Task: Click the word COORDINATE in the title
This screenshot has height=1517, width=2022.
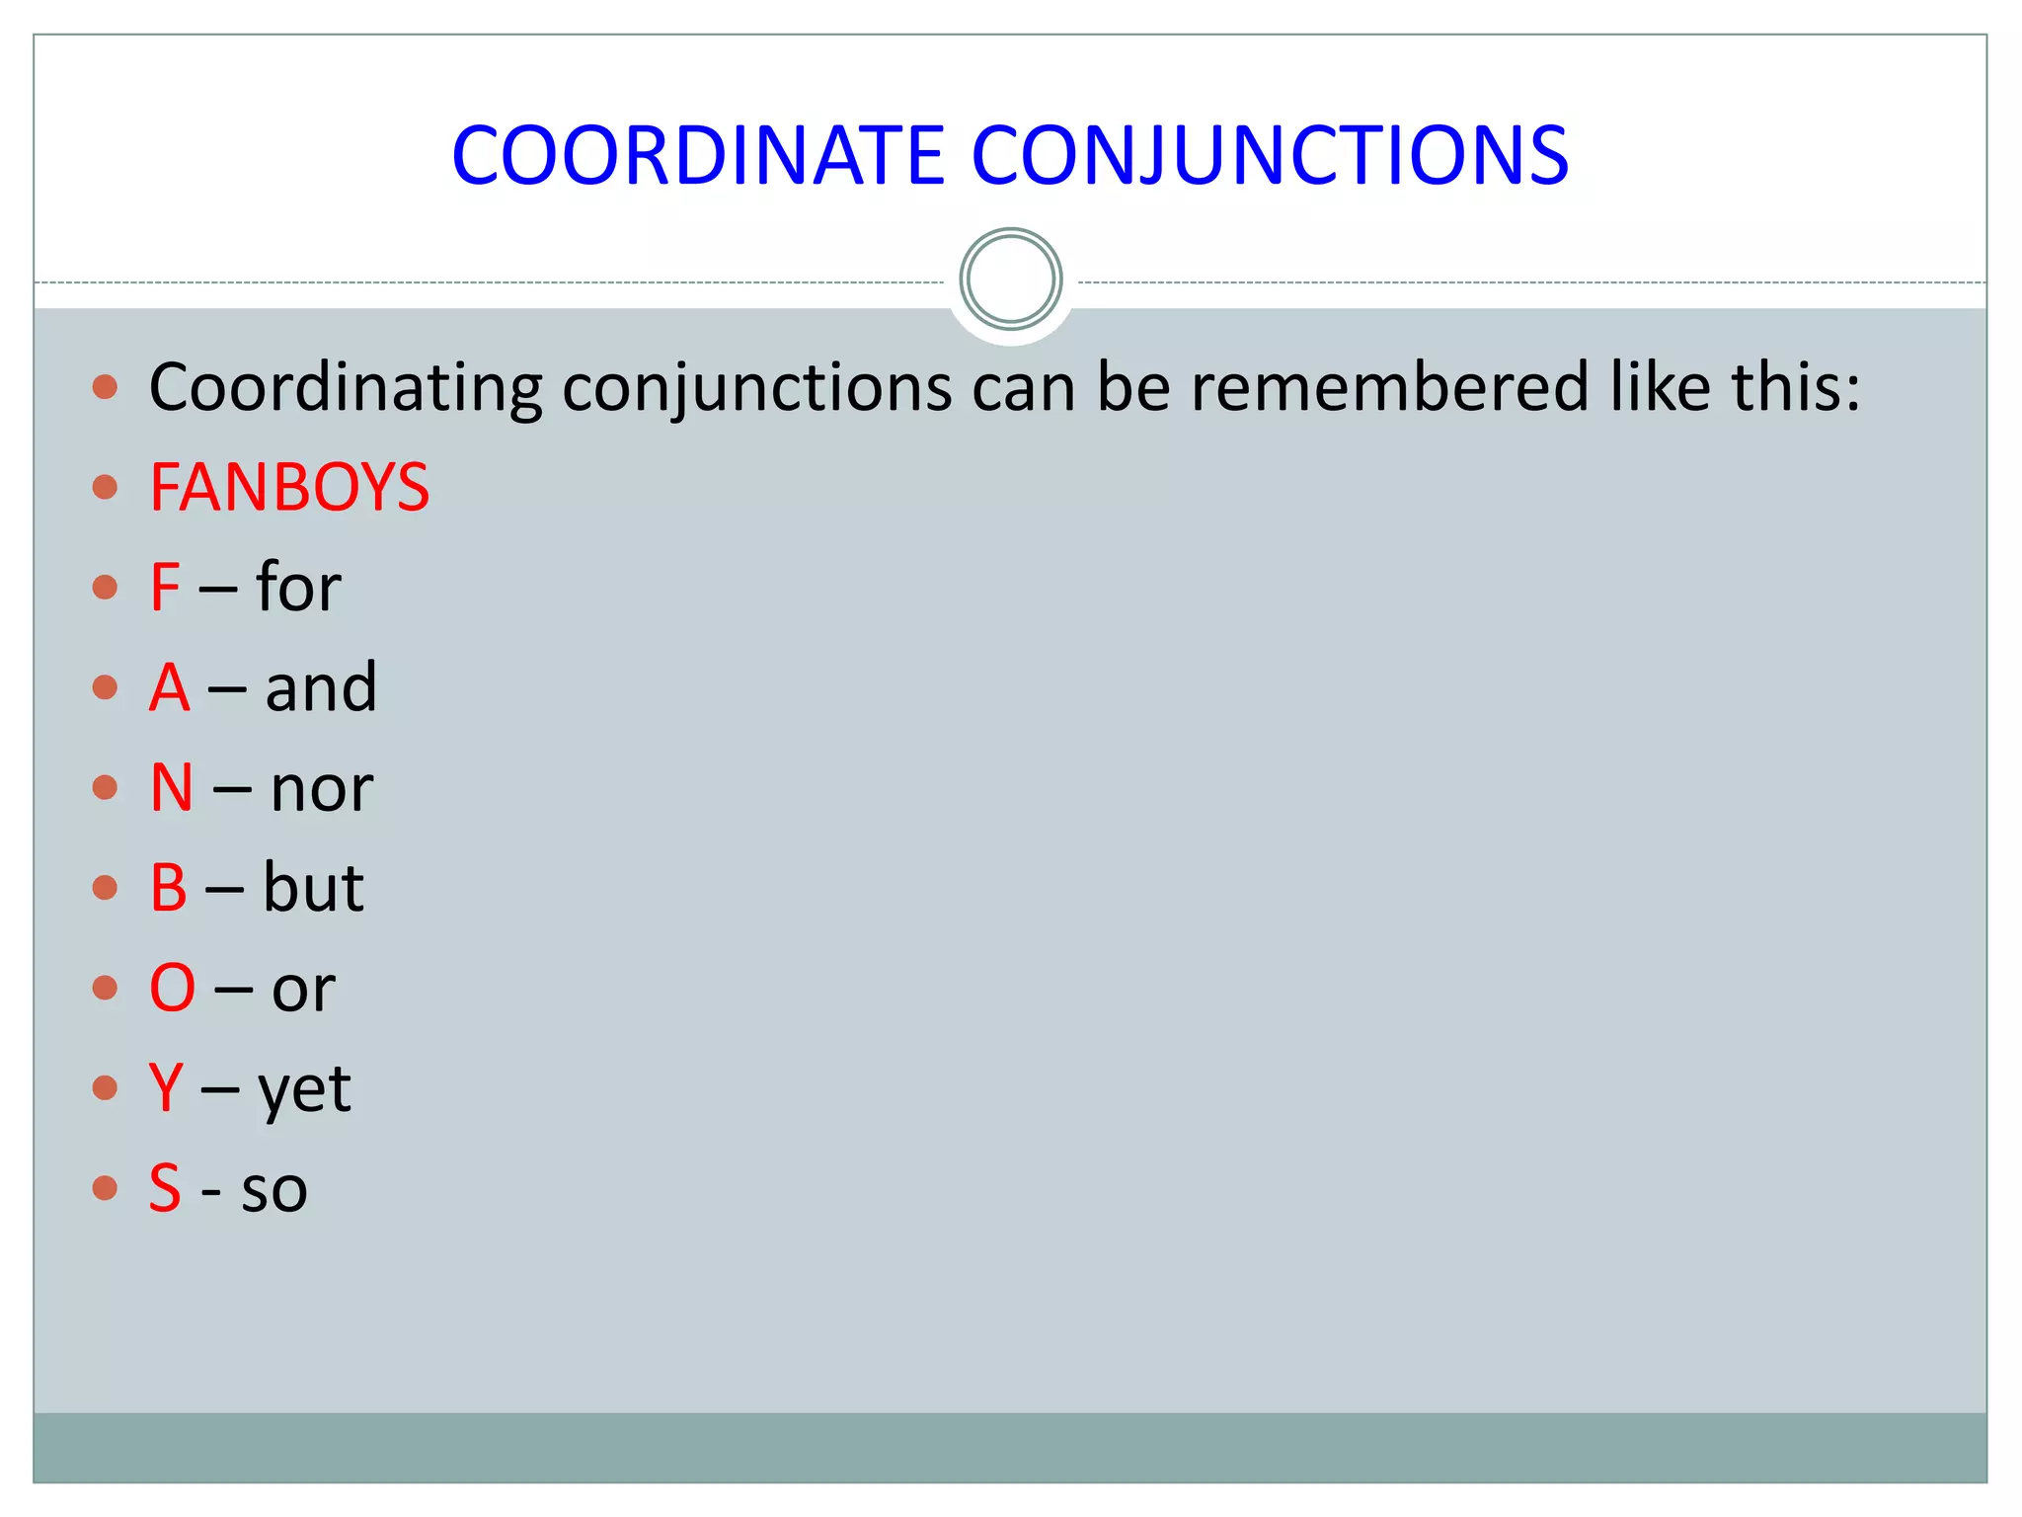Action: click(698, 155)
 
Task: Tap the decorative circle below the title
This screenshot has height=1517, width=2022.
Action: click(1010, 279)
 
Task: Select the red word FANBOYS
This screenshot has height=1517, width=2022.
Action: click(289, 487)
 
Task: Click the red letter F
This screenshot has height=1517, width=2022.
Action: click(165, 587)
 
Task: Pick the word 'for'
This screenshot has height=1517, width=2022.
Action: click(298, 587)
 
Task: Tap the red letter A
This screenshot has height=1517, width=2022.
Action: click(169, 687)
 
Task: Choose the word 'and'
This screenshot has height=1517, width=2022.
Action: click(321, 687)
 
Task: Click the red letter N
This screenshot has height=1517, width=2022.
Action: click(171, 788)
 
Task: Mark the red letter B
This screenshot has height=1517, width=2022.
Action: click(168, 887)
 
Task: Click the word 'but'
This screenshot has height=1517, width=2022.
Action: click(313, 887)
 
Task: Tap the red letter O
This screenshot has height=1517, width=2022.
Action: click(173, 988)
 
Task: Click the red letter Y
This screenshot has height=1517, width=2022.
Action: click(166, 1087)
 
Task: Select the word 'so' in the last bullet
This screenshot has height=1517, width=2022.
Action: click(274, 1190)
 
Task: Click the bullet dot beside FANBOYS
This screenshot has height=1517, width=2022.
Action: click(105, 487)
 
